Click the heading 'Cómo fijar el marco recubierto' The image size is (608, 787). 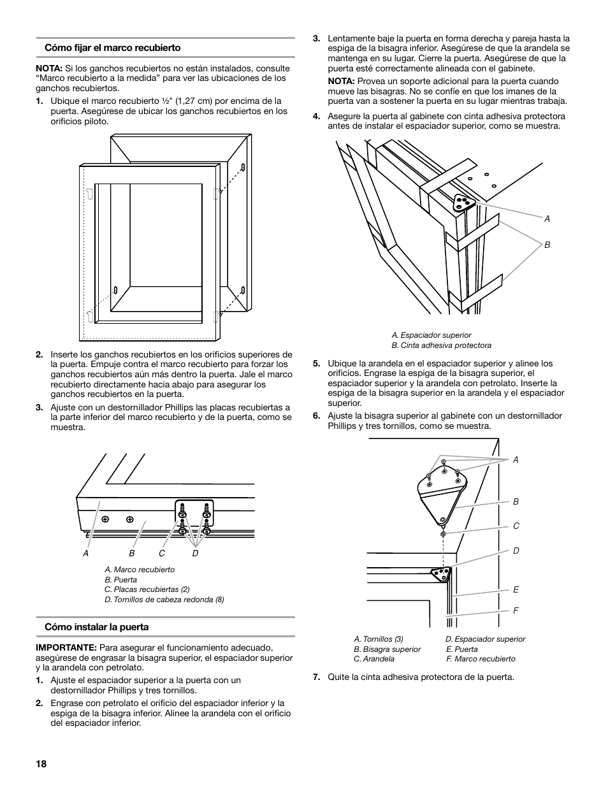(x=112, y=48)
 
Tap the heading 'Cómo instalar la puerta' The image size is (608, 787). (x=96, y=627)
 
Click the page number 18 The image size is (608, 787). (x=41, y=765)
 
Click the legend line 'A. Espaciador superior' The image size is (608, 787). (x=431, y=335)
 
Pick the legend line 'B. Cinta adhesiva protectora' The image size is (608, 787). (x=441, y=345)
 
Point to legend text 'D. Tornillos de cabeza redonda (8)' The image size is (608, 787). (x=164, y=600)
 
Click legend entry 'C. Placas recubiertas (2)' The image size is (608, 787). (x=147, y=589)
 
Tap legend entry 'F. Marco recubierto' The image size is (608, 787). (x=481, y=659)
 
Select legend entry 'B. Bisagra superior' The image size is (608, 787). (x=387, y=649)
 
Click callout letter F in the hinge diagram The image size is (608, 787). (x=516, y=610)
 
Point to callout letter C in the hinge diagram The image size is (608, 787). (x=516, y=526)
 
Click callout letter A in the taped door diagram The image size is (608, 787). (x=547, y=219)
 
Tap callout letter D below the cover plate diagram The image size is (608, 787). (x=195, y=554)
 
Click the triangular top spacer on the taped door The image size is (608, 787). (x=464, y=203)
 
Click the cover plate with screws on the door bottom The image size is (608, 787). (x=194, y=516)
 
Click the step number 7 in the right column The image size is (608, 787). (x=315, y=677)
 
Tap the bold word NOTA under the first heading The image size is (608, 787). (x=48, y=68)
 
